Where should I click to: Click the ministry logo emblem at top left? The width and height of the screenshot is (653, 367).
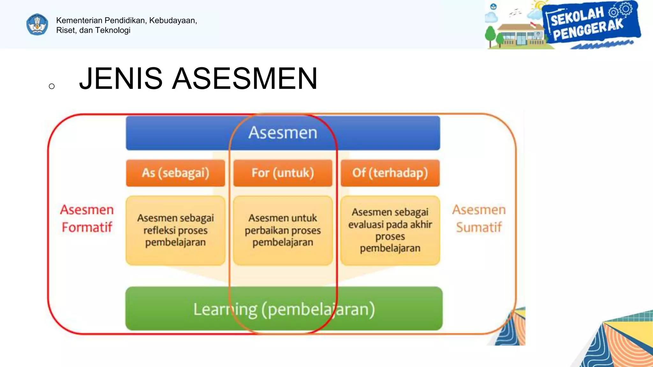pos(37,25)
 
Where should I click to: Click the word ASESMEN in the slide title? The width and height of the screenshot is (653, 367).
pos(245,79)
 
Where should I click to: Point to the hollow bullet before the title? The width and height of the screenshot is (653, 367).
pos(52,86)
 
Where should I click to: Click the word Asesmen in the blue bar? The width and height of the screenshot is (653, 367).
pos(283,133)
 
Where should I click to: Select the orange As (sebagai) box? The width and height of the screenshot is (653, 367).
pos(175,173)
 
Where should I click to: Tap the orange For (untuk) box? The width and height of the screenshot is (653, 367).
pos(283,173)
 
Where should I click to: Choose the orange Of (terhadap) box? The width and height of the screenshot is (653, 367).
pos(390,173)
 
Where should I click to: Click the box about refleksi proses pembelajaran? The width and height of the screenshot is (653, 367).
pos(175,230)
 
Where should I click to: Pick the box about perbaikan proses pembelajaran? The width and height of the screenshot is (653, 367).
pos(283,230)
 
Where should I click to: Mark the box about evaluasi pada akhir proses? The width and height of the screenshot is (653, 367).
pos(390,230)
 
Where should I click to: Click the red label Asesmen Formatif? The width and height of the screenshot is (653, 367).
pos(87,219)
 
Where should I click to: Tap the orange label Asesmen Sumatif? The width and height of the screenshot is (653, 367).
pos(479,219)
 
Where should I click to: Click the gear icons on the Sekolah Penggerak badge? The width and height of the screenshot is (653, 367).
pos(620,10)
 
